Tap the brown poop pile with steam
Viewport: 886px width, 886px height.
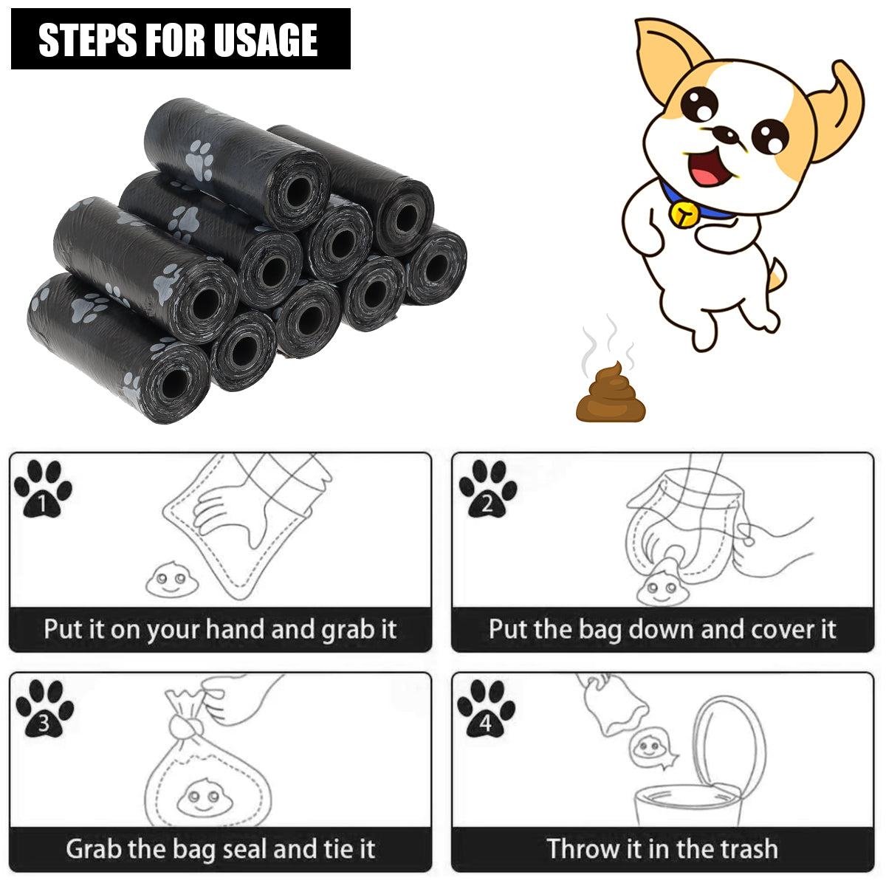click(611, 395)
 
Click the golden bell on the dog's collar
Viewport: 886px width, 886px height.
click(684, 213)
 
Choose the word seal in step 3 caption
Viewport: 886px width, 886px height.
click(245, 849)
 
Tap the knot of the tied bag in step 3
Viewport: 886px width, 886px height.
click(185, 727)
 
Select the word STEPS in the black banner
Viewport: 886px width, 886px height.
click(87, 40)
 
